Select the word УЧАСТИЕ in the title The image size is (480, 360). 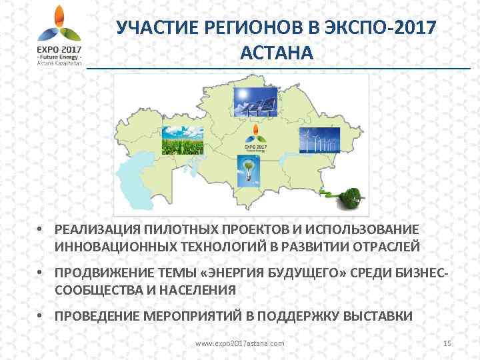(x=151, y=28)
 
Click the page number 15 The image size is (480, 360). (x=447, y=343)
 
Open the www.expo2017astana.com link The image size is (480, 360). (x=239, y=343)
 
